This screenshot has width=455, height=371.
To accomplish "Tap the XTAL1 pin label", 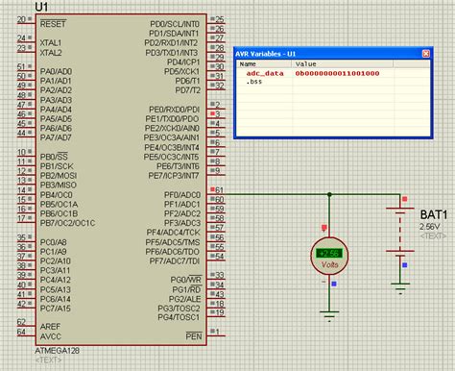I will (52, 43).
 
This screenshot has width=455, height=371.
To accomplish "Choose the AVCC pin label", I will (52, 335).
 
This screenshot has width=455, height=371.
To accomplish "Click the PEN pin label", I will (194, 335).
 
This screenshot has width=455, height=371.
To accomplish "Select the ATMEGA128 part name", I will (59, 351).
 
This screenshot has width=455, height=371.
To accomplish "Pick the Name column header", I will (248, 64).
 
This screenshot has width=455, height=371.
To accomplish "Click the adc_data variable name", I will (264, 73).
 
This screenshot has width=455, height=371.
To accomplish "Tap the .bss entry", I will (254, 82).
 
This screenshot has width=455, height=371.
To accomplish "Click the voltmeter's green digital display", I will (329, 253).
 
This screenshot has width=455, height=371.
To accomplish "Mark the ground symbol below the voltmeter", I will (329, 313).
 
